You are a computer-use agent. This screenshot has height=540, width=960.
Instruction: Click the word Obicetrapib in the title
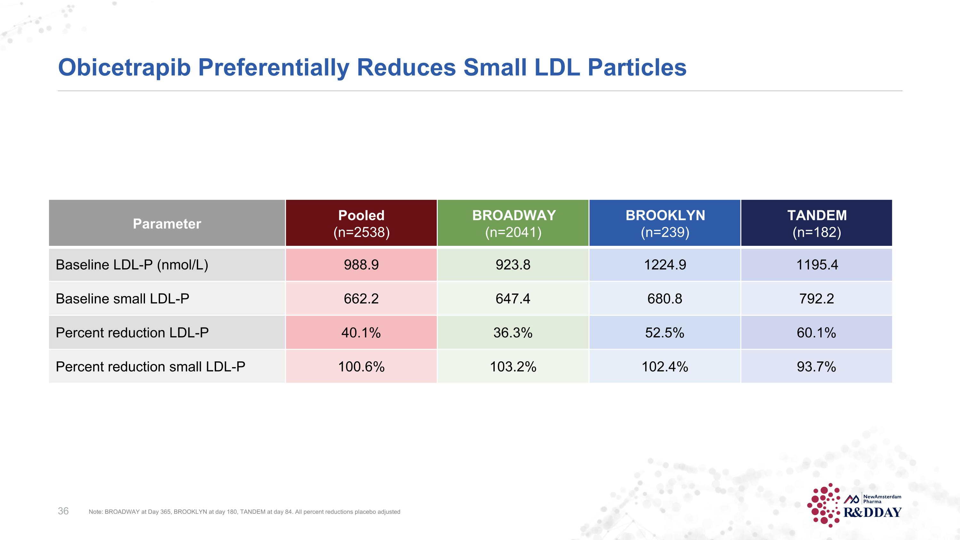pyautogui.click(x=124, y=68)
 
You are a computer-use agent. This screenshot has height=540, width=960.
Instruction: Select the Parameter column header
pyautogui.click(x=167, y=224)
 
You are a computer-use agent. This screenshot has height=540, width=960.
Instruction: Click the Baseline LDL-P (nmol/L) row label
pyautogui.click(x=132, y=265)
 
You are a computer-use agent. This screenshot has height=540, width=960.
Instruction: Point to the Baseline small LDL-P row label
pyautogui.click(x=122, y=299)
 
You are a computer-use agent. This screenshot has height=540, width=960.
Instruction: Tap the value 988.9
pyautogui.click(x=361, y=265)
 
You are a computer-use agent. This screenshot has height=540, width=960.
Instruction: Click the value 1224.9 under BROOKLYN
pyautogui.click(x=665, y=265)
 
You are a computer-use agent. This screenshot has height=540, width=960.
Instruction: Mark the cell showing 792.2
pyautogui.click(x=817, y=299)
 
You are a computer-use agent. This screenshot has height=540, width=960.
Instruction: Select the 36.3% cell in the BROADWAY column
pyautogui.click(x=513, y=333)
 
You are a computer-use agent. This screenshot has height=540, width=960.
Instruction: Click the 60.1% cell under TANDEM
pyautogui.click(x=817, y=333)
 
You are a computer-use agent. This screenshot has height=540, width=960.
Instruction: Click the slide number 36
pyautogui.click(x=63, y=511)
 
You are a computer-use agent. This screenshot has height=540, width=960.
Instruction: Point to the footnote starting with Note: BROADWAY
pyautogui.click(x=244, y=512)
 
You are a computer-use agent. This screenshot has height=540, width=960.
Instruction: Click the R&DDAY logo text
pyautogui.click(x=872, y=513)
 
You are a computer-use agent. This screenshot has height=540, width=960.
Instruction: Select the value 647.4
pyautogui.click(x=513, y=299)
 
